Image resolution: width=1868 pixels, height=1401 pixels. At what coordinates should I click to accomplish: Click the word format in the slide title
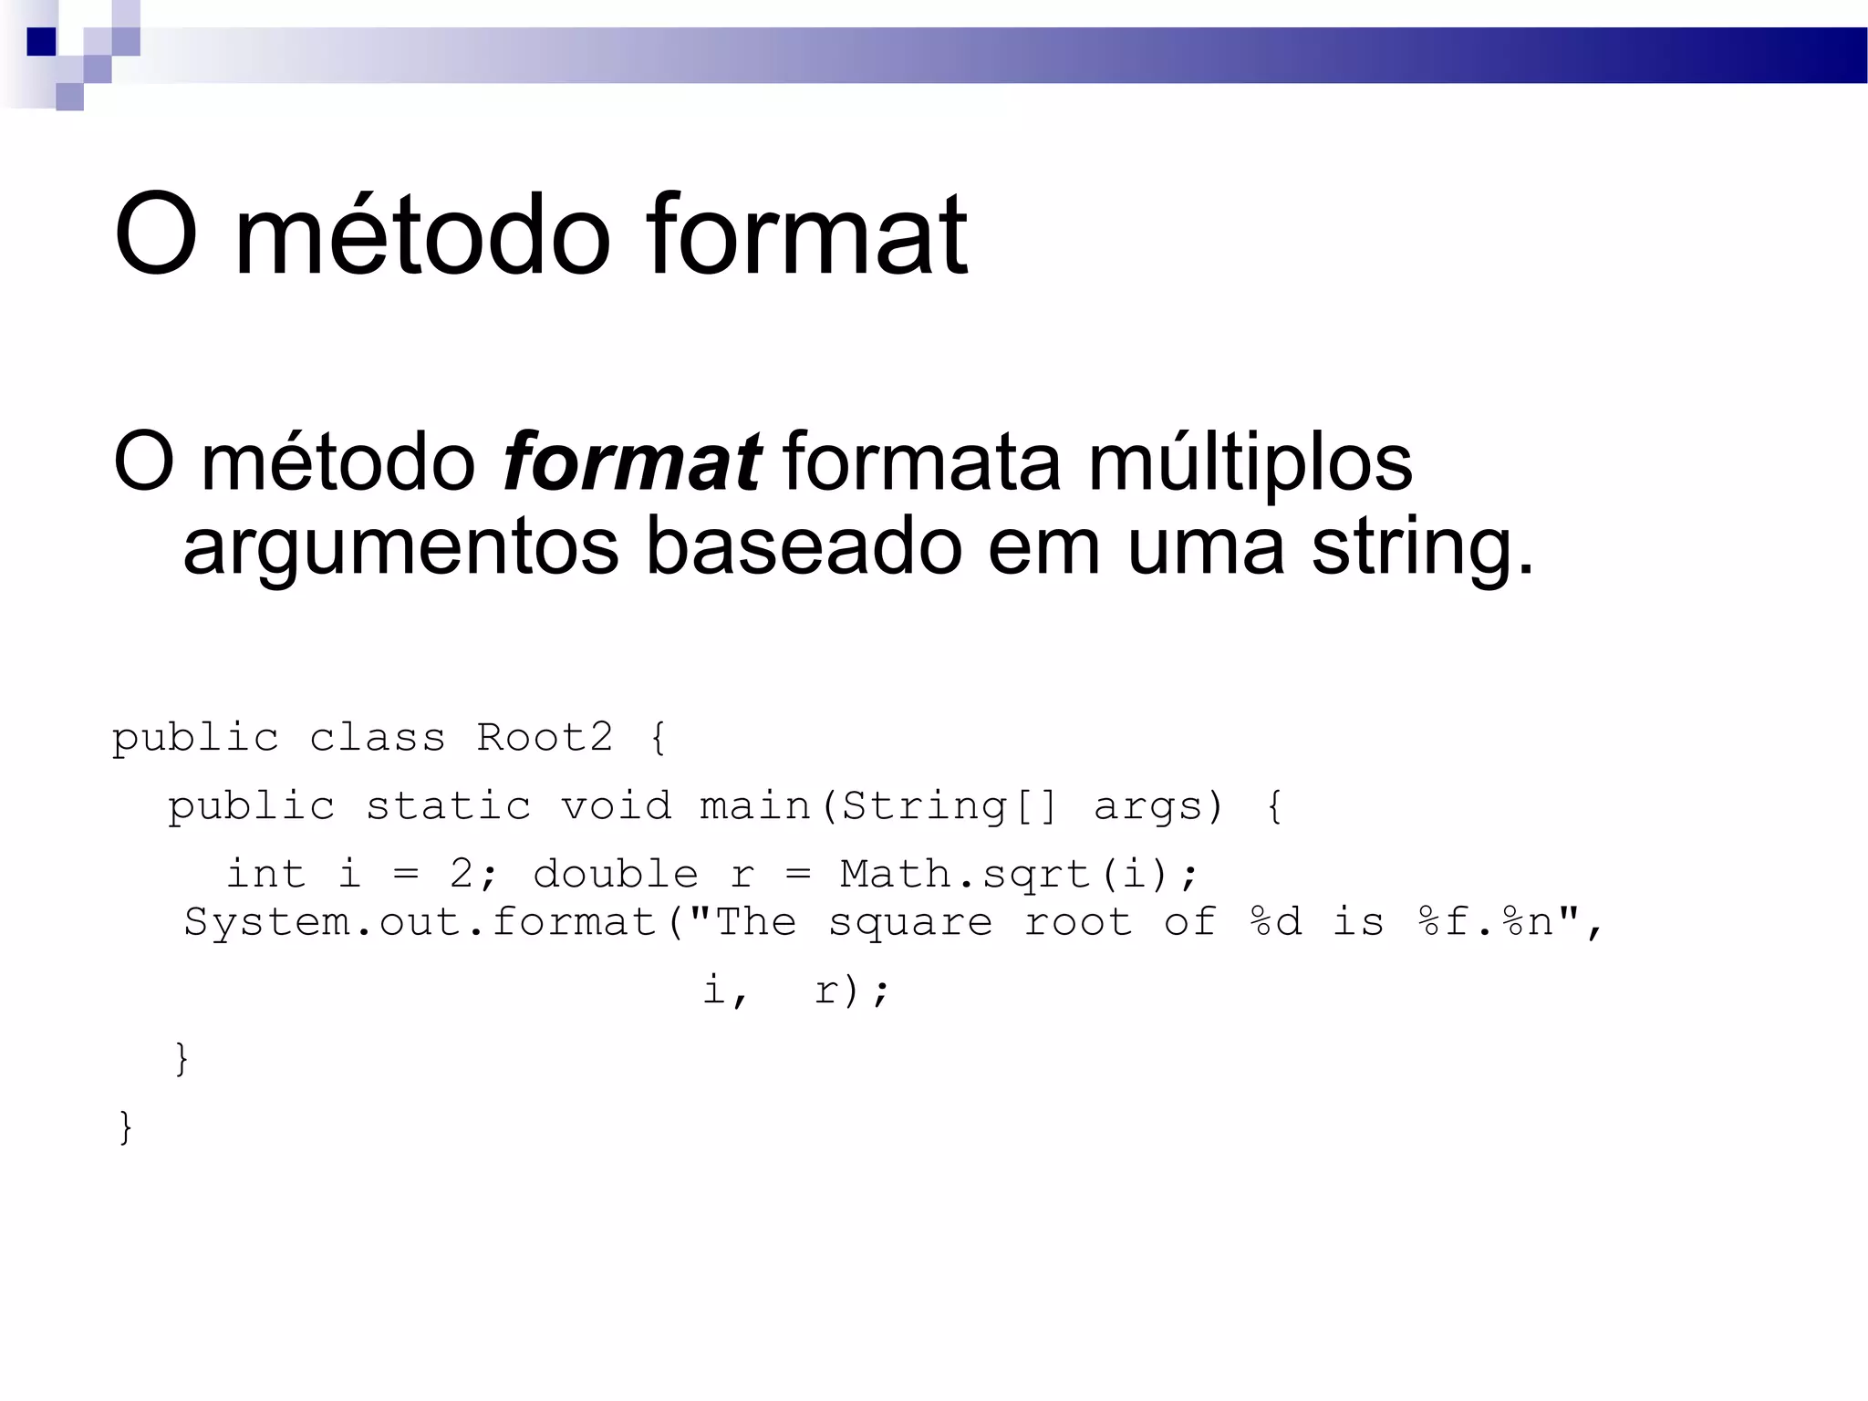click(x=806, y=235)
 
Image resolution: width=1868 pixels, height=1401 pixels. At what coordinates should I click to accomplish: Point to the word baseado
click(x=804, y=546)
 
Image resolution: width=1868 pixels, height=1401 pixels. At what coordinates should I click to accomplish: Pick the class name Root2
click(x=545, y=737)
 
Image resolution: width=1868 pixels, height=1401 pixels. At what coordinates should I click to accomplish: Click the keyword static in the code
click(x=448, y=806)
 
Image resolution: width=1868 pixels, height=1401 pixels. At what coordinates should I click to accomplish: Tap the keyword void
click(x=616, y=806)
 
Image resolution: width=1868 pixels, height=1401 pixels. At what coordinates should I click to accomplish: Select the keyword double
click(x=616, y=874)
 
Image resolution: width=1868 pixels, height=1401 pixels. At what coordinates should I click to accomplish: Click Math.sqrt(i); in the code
click(x=1018, y=875)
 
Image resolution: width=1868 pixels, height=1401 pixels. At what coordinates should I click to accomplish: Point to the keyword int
click(x=265, y=874)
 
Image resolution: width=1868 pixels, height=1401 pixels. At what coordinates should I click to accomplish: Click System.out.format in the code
click(x=420, y=922)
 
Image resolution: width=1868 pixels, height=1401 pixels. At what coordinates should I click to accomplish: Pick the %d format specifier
click(x=1275, y=922)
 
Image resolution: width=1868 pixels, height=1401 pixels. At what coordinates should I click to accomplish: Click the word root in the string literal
click(x=1078, y=922)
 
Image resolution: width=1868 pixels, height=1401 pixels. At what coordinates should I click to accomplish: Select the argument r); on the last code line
click(x=851, y=991)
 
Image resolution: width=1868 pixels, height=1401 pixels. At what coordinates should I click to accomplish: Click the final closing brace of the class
click(x=126, y=1127)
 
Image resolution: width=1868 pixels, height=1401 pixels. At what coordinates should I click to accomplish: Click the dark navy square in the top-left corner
click(x=41, y=42)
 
